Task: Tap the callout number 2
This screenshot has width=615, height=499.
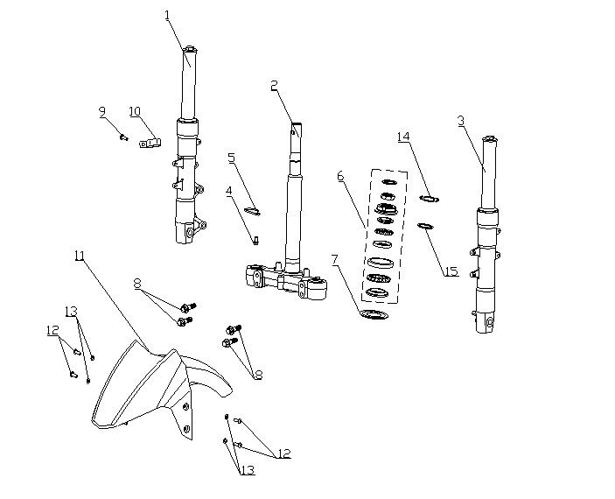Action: (x=274, y=85)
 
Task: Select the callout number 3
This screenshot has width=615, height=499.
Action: (x=461, y=121)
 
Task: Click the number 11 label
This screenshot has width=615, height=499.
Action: (x=80, y=256)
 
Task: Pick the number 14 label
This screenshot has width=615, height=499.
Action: (x=403, y=137)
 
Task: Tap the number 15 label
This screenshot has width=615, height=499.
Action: (x=451, y=271)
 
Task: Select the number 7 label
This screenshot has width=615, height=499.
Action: (x=334, y=259)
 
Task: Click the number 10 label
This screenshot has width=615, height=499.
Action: (x=135, y=111)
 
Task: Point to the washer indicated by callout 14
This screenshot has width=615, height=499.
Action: (x=429, y=199)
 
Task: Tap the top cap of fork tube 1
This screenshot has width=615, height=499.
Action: (x=191, y=49)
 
